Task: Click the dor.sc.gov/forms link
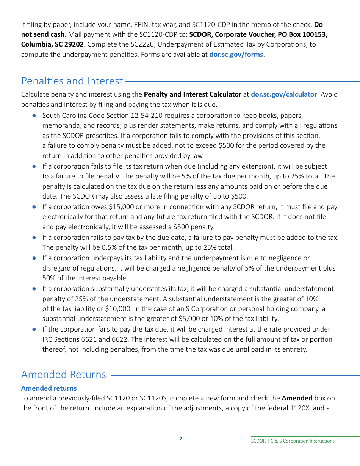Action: tap(236, 54)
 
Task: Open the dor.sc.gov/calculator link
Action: tap(284, 94)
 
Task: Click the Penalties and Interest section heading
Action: tap(72, 81)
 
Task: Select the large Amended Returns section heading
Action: tap(64, 374)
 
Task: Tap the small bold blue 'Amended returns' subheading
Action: tap(49, 388)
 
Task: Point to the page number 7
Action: tap(181, 438)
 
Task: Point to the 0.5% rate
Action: tap(105, 247)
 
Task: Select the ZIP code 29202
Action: tap(74, 44)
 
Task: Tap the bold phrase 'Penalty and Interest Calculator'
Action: tap(193, 94)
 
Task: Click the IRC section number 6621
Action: tap(80, 339)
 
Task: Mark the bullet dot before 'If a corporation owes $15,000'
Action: tap(34, 207)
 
